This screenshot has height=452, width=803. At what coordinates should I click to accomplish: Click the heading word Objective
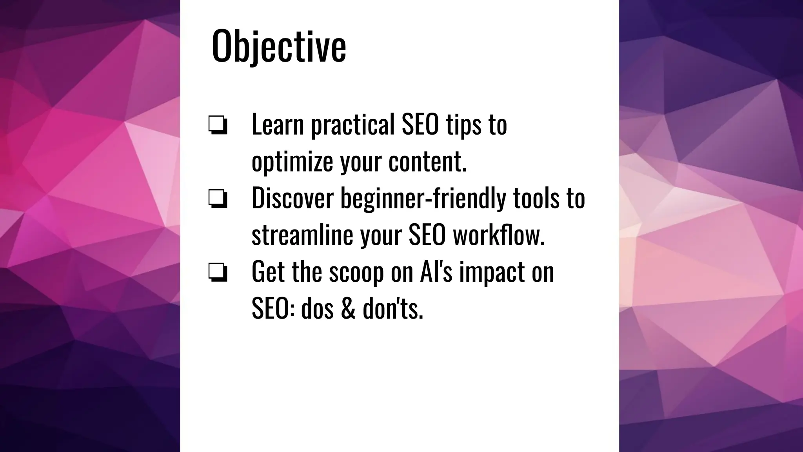point(279,46)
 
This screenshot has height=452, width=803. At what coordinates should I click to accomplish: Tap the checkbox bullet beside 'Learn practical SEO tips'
point(218,126)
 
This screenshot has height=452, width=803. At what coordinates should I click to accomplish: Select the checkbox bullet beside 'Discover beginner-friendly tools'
point(218,199)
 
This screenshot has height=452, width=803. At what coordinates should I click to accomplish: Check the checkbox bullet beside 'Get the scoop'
point(218,272)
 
